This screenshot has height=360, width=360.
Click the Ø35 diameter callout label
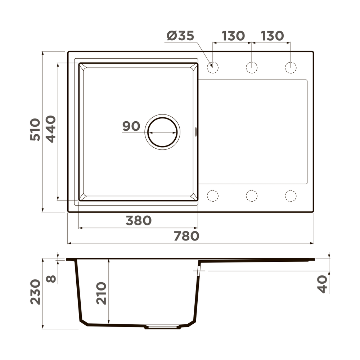(x=180, y=36)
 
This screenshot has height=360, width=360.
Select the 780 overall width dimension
(x=186, y=236)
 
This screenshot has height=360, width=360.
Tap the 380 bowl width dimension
(x=139, y=220)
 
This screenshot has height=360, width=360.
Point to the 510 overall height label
(x=35, y=130)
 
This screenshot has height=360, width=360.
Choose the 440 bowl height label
(x=51, y=129)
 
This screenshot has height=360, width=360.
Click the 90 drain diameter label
(x=131, y=126)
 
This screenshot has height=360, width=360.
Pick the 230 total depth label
(x=35, y=292)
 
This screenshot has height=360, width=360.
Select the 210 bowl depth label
(x=101, y=293)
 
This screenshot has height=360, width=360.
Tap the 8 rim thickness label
(x=51, y=279)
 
